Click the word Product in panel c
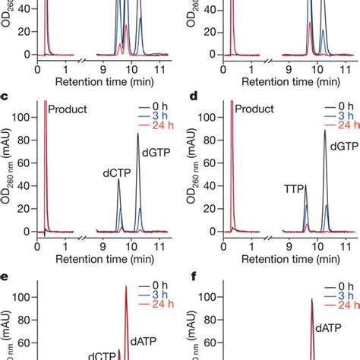(x=68, y=109)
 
